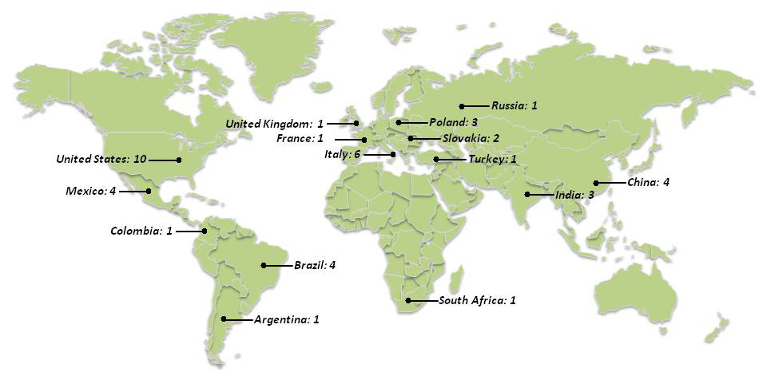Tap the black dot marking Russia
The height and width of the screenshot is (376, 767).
(x=461, y=106)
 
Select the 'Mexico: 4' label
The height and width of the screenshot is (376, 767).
(x=91, y=192)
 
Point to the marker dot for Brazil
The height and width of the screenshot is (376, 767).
(x=264, y=265)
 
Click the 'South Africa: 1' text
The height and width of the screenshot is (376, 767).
(x=477, y=301)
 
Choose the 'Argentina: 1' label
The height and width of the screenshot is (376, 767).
(x=287, y=320)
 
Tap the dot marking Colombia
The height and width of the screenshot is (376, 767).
(x=205, y=232)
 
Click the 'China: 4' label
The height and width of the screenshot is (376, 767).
(x=648, y=183)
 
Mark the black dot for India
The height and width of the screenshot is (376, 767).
(x=527, y=195)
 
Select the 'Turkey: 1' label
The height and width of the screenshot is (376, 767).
(x=493, y=160)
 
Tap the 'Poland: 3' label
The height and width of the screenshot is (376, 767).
(x=453, y=123)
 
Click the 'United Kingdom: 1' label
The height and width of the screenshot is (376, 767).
(x=274, y=124)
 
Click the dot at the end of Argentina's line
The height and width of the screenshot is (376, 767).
(x=224, y=319)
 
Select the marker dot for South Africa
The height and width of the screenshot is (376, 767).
(x=408, y=301)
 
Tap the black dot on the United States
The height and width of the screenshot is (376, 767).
(x=179, y=160)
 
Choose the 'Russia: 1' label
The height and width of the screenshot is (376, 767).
(x=515, y=105)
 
